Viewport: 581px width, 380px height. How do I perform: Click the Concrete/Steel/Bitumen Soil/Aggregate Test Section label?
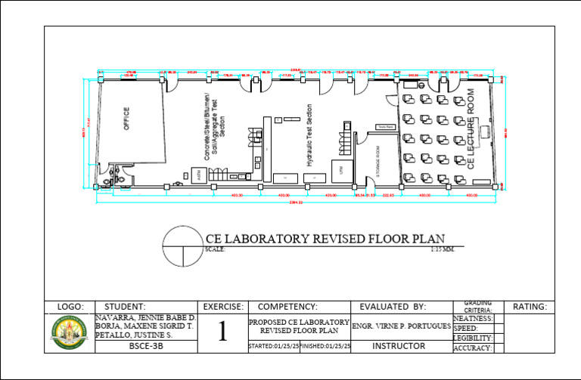(212, 127)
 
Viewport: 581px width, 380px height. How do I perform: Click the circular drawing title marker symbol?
(182, 247)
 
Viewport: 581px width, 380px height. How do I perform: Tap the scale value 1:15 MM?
(442, 249)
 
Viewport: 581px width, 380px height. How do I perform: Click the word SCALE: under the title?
(215, 249)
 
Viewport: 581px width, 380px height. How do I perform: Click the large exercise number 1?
(222, 332)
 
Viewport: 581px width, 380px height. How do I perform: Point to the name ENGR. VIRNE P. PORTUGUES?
(402, 326)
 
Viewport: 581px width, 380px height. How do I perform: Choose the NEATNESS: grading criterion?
(473, 319)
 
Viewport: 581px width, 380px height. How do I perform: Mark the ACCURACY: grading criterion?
(473, 348)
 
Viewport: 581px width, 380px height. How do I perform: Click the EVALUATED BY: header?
(393, 307)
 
